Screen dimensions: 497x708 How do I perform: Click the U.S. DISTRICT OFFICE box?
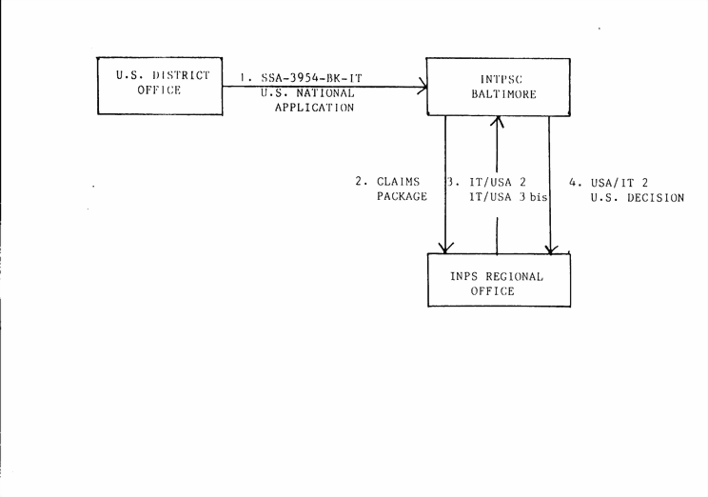point(161,86)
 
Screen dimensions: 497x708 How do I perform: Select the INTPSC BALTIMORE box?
point(498,87)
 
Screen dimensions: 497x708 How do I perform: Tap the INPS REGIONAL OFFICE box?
point(499,283)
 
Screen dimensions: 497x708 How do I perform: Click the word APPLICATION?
point(314,108)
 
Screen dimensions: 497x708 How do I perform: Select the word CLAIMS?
point(398,181)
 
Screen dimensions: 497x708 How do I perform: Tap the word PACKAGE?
point(402,197)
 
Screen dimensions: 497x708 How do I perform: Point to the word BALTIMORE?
point(503,94)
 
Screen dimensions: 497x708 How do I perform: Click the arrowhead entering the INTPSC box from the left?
point(421,87)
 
